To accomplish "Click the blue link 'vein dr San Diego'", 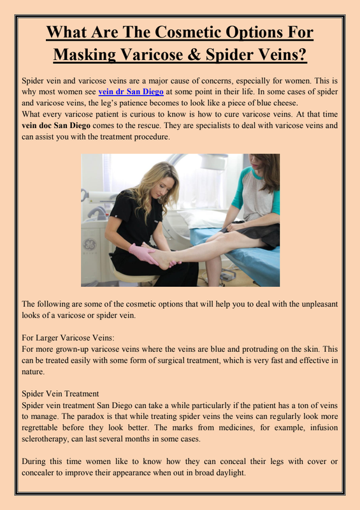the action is point(131,92).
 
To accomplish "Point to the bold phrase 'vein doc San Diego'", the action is point(56,126).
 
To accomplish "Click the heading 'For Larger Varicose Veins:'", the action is point(68,338).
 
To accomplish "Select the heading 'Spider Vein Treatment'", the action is point(60,394).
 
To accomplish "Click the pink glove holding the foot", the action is point(143,253).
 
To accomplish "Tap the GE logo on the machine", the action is point(90,244).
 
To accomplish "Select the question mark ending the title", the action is point(302,54).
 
